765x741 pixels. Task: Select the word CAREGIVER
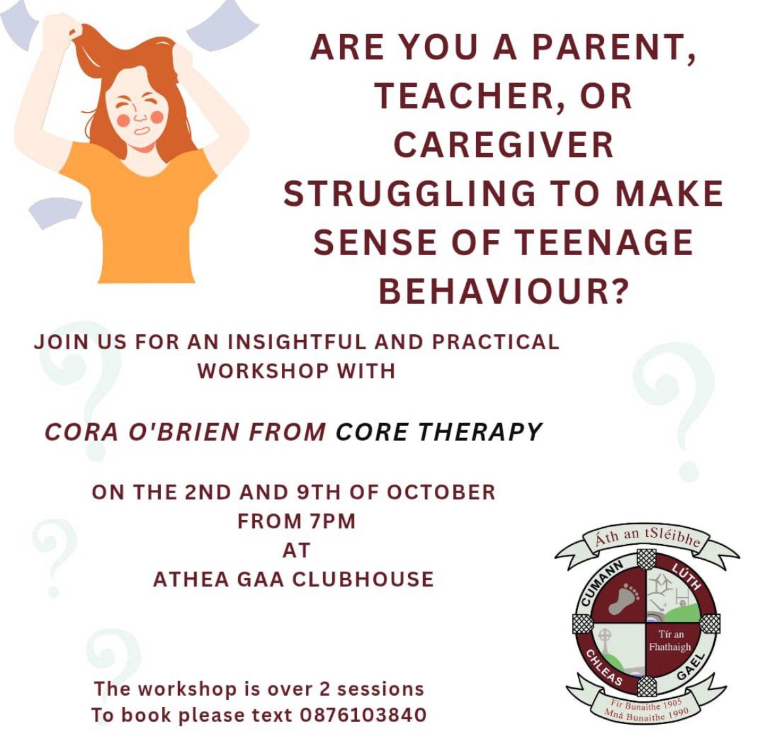[503, 145]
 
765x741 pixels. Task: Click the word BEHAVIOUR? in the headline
[503, 292]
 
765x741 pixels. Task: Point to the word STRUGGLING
[409, 194]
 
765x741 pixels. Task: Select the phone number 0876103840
[363, 715]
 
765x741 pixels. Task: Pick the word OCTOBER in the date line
[441, 492]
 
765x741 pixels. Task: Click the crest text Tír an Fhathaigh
[670, 640]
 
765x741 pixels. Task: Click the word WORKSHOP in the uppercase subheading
[263, 371]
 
